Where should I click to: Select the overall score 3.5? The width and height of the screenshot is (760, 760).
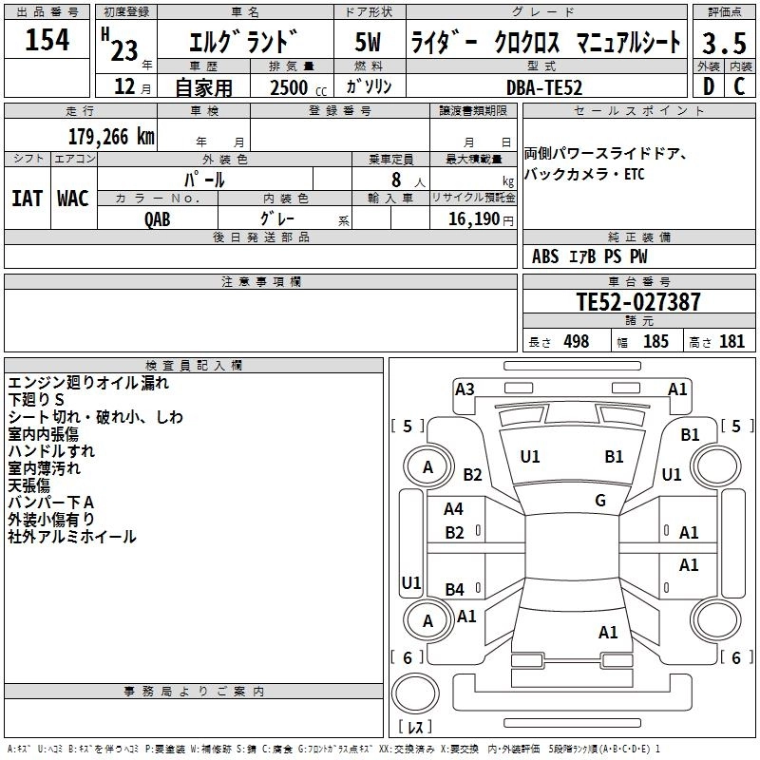coord(723,43)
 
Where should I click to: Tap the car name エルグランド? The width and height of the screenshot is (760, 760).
coord(244,42)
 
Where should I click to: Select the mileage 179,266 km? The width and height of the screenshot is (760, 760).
coord(111,136)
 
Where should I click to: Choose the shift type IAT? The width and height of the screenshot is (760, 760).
coord(27,198)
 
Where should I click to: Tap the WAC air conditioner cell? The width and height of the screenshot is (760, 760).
coord(72,198)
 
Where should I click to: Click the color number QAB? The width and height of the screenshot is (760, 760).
coord(159,218)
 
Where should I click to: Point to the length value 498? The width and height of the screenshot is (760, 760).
coord(576,341)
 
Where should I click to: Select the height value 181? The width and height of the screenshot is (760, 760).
coord(731,341)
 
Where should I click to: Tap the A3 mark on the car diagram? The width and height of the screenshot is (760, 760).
coord(465,389)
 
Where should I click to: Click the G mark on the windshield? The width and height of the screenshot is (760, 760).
coord(599,501)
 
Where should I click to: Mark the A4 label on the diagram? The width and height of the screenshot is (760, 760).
coord(454,509)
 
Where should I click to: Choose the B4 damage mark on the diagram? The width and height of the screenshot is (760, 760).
coord(454,589)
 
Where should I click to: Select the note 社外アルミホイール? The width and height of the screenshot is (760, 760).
coord(72,537)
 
